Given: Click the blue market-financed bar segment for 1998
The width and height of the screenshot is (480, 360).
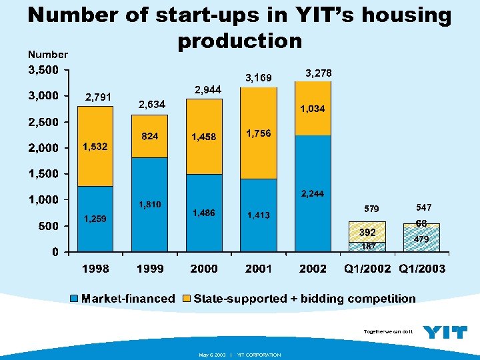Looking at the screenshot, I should click(95, 219).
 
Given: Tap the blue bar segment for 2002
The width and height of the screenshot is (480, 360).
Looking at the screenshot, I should click(313, 193).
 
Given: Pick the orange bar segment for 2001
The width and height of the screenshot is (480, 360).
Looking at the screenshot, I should click(258, 133).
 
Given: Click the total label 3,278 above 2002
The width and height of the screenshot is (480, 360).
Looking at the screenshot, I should click(317, 72).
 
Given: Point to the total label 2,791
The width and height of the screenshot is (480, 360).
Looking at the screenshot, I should click(98, 97).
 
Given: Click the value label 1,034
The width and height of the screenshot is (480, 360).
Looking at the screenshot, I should click(312, 109).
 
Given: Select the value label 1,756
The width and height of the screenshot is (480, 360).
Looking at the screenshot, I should click(258, 133).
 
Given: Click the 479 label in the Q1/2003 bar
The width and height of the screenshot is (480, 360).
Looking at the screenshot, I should click(421, 239).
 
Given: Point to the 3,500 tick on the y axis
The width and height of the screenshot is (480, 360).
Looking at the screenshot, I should click(43, 69).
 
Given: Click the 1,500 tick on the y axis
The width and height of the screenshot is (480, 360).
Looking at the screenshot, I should click(43, 174).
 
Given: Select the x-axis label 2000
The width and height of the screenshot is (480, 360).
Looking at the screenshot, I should click(203, 269).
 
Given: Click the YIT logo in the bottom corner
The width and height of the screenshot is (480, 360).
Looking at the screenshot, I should click(445, 331).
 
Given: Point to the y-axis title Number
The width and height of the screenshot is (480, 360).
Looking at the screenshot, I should click(47, 54).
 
